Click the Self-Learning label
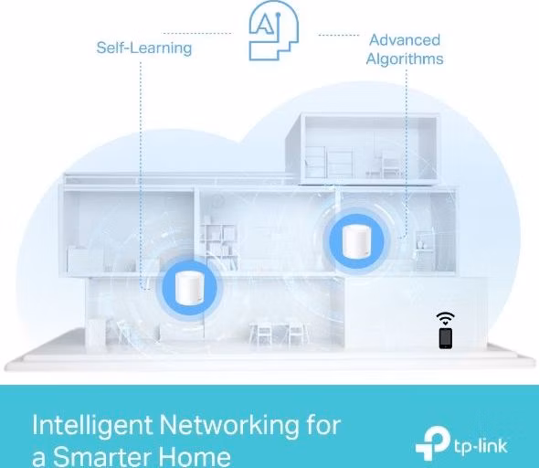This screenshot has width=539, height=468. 144,48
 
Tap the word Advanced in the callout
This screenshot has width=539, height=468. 405,40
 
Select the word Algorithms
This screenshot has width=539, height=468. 405,58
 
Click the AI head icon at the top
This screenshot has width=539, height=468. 274,31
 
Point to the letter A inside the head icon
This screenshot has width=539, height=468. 264,24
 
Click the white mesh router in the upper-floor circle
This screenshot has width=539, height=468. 356,241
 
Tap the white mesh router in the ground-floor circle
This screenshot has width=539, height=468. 189,287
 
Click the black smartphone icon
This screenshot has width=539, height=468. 446,338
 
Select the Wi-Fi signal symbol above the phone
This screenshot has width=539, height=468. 446,319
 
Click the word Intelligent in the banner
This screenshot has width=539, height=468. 92,425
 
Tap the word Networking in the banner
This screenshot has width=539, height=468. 229,425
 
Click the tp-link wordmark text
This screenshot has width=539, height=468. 481,446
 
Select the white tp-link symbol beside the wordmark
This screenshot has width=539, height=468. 432,442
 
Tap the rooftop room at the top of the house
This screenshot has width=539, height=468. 362,148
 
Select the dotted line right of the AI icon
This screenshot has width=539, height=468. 339,35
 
